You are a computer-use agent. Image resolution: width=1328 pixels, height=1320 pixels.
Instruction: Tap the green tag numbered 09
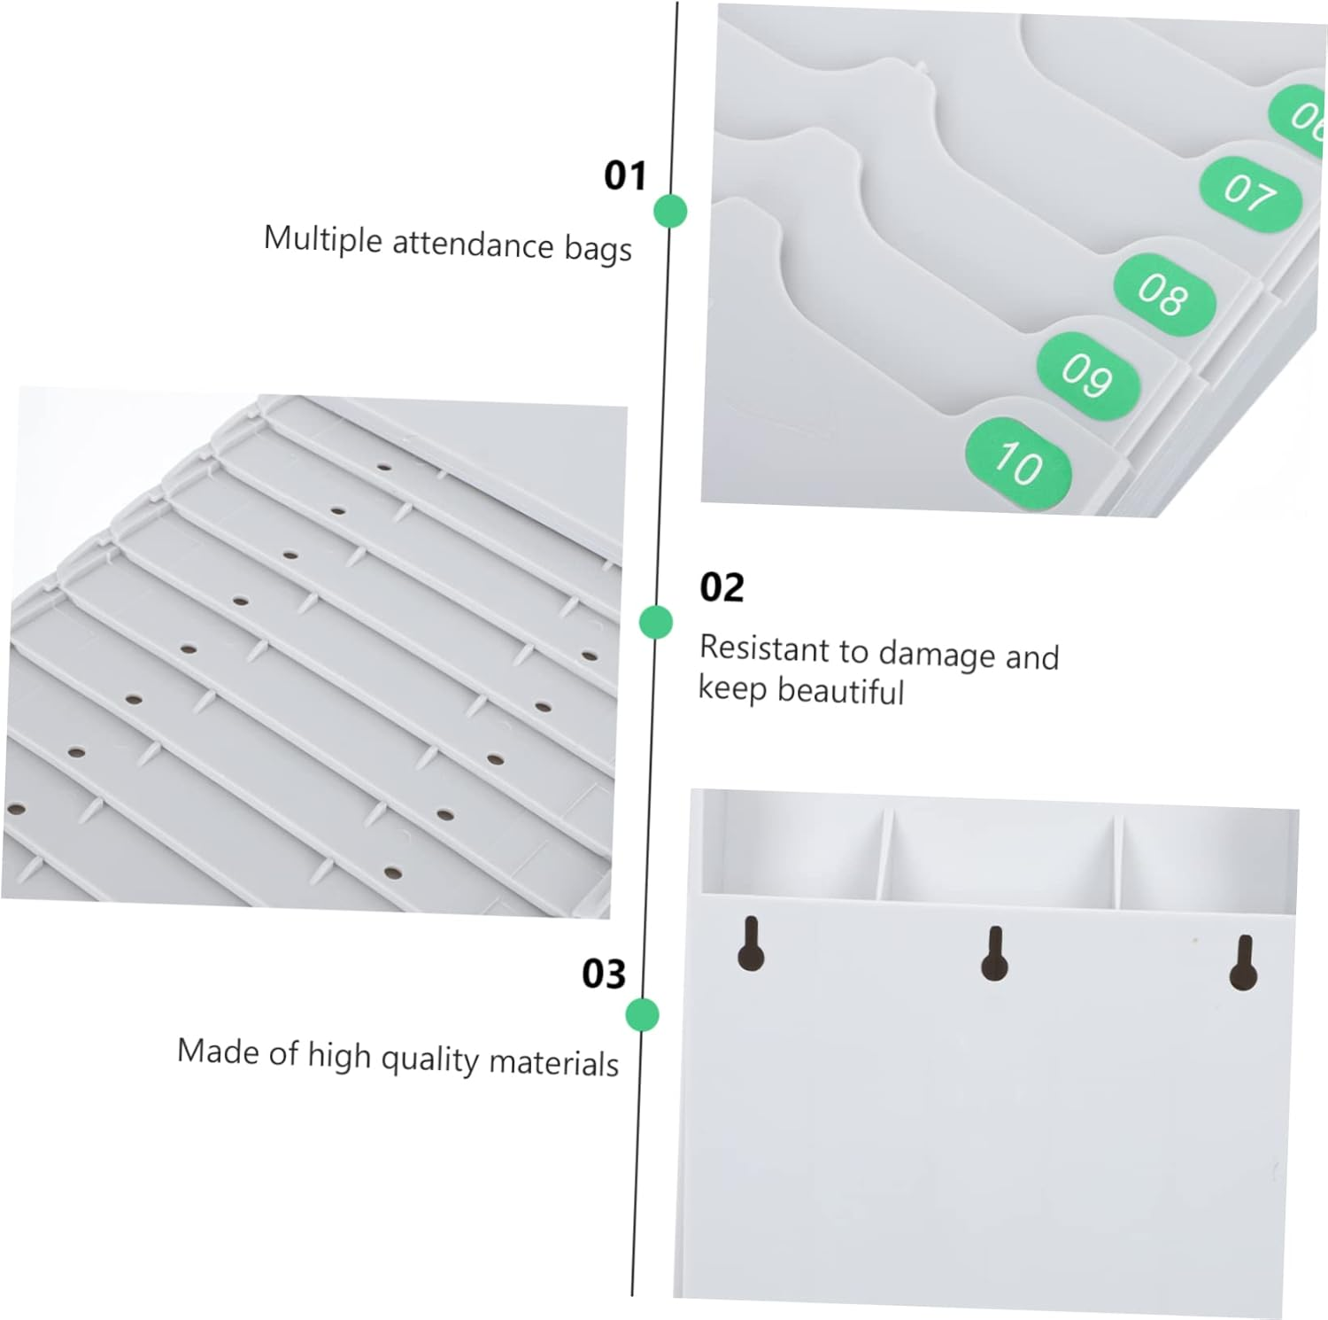click(x=1087, y=376)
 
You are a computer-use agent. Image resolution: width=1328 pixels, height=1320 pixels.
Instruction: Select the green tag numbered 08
click(x=1163, y=294)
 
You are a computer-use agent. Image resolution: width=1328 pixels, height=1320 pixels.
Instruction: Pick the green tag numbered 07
click(x=1250, y=193)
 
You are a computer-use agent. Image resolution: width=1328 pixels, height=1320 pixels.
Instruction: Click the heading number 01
click(x=625, y=175)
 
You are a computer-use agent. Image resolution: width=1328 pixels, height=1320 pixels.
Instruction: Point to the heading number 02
click(x=722, y=587)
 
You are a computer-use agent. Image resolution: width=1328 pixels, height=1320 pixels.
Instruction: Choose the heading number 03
click(x=604, y=974)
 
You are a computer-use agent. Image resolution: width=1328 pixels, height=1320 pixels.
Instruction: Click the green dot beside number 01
click(x=670, y=211)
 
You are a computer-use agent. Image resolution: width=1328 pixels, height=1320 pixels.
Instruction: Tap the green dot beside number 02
click(x=656, y=622)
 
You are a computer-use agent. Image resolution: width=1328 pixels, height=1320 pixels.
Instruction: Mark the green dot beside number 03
click(x=642, y=1014)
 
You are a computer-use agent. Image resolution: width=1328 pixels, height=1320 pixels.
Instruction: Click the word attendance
click(x=473, y=244)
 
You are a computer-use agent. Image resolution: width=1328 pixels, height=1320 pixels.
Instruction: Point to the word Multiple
click(x=323, y=239)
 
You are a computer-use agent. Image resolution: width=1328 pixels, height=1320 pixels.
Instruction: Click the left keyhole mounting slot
click(x=751, y=944)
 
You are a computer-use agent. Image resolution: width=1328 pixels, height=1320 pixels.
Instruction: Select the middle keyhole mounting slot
click(x=994, y=954)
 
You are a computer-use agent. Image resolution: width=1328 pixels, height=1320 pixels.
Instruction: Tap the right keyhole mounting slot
click(x=1243, y=964)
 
